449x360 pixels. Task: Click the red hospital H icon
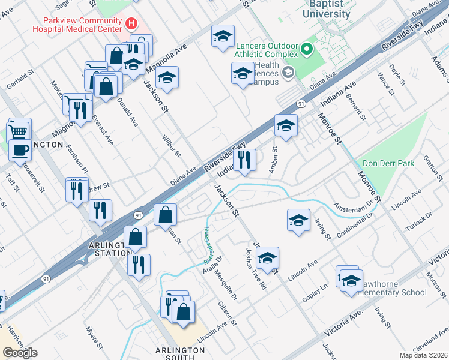click(132, 24)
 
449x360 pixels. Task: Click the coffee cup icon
click(20, 150)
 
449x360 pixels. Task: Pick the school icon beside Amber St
click(286, 127)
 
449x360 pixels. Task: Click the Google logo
click(20, 352)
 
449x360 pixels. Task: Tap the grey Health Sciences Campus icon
click(288, 73)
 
